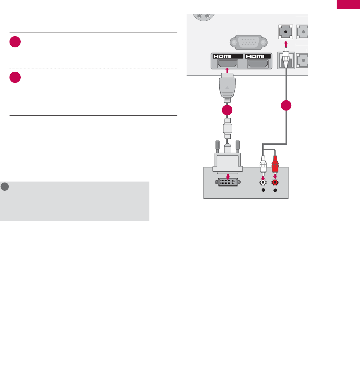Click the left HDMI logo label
pos(227,56)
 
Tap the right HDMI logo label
pos(258,56)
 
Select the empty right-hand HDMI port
pos(258,64)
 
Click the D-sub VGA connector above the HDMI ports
pos(249,42)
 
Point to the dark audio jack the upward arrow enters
pos(286,32)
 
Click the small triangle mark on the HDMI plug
pos(227,88)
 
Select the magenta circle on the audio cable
pos(287,106)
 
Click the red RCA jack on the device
pos(275,182)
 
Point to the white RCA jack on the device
pos(263,182)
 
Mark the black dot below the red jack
pos(275,190)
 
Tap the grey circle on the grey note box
pos(5,186)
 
